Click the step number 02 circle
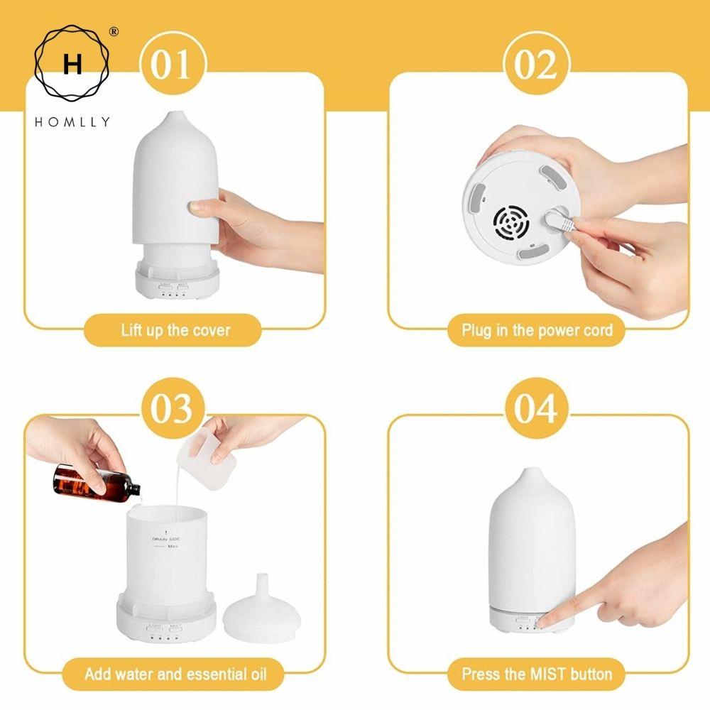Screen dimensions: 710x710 click(536, 65)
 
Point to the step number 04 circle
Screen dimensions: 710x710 click(536, 410)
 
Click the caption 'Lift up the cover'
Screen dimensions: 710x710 click(175, 330)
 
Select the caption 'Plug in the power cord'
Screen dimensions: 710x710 click(537, 330)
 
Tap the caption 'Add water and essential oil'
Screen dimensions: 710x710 click(175, 673)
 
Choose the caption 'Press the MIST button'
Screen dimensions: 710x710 click(537, 673)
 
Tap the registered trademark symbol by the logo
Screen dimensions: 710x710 click(114, 32)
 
